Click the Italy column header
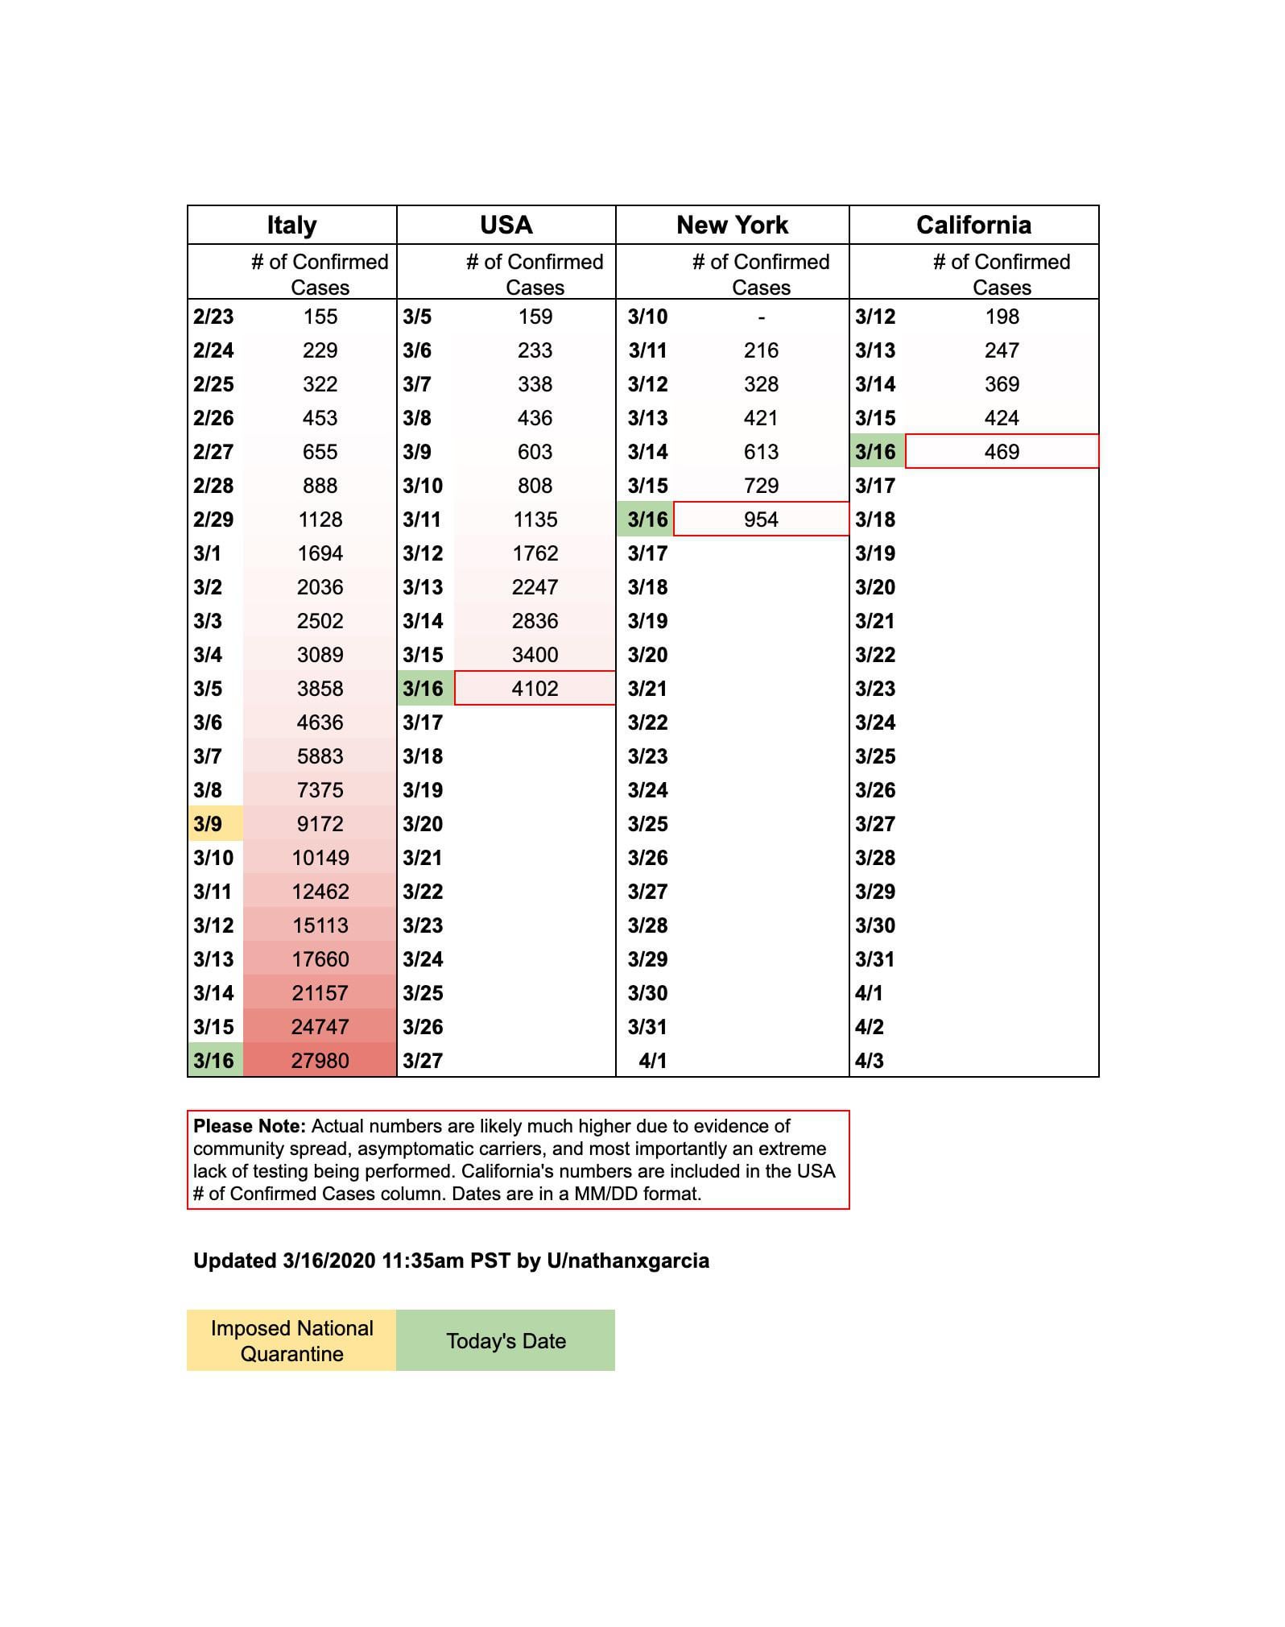pyautogui.click(x=291, y=225)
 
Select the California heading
pyautogui.click(x=973, y=225)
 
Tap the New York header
pyautogui.click(x=732, y=225)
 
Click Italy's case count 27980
pyautogui.click(x=320, y=1061)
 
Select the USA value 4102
pyautogui.click(x=535, y=689)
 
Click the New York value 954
pyautogui.click(x=761, y=520)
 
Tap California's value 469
pyautogui.click(x=1002, y=452)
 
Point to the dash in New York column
pyautogui.click(x=761, y=317)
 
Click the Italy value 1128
pyautogui.click(x=320, y=520)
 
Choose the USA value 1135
pyautogui.click(x=535, y=520)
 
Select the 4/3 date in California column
pyautogui.click(x=870, y=1061)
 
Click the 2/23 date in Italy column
pyautogui.click(x=213, y=317)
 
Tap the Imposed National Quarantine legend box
pyautogui.click(x=291, y=1340)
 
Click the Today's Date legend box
pyautogui.click(x=506, y=1340)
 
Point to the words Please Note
pyautogui.click(x=250, y=1126)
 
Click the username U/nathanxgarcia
pyautogui.click(x=628, y=1261)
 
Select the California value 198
pyautogui.click(x=1002, y=317)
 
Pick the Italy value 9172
pyautogui.click(x=320, y=824)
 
